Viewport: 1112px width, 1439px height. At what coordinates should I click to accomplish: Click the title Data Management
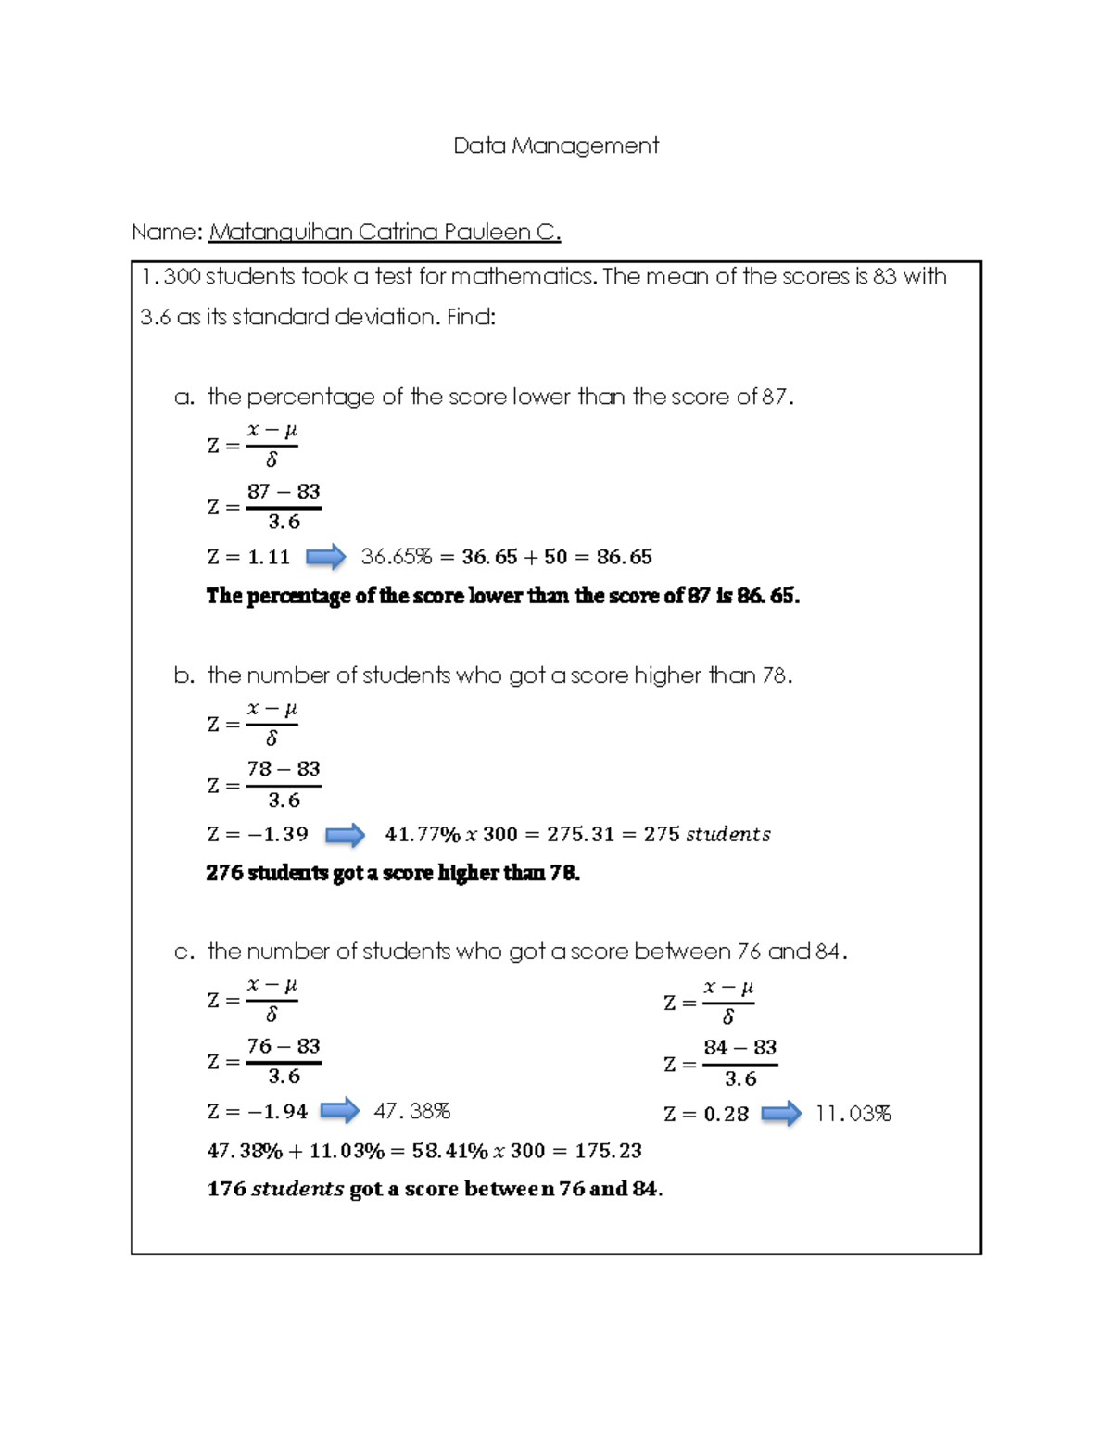point(556,145)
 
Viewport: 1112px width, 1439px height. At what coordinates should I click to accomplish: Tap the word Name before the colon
point(163,232)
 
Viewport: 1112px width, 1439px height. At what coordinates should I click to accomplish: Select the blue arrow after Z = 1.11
point(325,557)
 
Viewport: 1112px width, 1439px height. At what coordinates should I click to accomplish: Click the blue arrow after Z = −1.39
point(345,835)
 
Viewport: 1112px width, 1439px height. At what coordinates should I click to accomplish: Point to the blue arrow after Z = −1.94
point(339,1110)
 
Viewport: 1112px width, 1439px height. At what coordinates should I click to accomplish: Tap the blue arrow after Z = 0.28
point(781,1113)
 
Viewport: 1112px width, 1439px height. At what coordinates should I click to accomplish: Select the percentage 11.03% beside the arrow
point(853,1114)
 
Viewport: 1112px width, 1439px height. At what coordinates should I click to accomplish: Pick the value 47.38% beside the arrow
point(411,1111)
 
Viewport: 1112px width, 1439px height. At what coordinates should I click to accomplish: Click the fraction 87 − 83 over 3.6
point(284,507)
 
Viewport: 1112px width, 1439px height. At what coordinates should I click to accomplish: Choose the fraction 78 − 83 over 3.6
point(284,785)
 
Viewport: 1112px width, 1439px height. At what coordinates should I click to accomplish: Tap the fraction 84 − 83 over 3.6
point(739,1064)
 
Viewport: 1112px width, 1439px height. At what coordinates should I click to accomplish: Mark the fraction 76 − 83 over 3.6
point(284,1061)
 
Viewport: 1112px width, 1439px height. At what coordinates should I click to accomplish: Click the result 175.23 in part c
point(608,1151)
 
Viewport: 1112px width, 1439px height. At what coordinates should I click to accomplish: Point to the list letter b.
point(183,675)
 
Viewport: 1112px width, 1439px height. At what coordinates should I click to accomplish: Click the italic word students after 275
point(727,835)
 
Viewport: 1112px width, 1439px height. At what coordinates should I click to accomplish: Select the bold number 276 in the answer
point(224,873)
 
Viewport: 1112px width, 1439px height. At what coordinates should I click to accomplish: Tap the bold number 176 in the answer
point(226,1189)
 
